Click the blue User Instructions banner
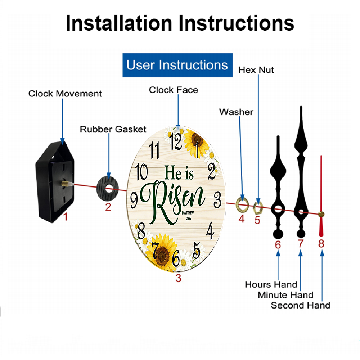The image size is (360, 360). point(177,65)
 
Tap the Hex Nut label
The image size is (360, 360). point(256,70)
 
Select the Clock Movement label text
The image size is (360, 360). point(65,94)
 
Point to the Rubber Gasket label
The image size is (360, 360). point(113,129)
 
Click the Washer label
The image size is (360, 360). point(236,112)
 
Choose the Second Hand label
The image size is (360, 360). point(301,305)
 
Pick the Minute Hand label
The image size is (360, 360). point(285,295)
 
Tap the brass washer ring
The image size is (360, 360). point(242,204)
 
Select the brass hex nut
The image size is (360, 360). point(258,208)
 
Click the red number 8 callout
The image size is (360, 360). point(321,243)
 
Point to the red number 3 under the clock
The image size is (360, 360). point(179,278)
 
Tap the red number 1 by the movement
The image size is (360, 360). point(66,216)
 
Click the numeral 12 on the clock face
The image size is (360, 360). point(176,141)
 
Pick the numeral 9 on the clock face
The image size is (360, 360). point(134,200)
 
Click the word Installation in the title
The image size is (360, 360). point(119,23)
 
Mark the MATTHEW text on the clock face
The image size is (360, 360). point(188,213)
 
